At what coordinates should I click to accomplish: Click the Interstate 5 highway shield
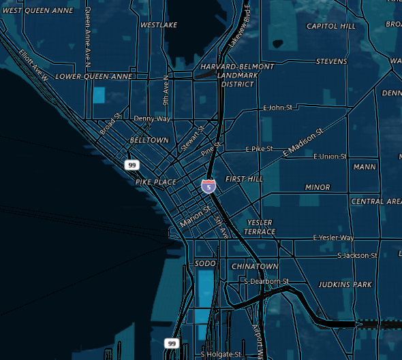click(x=208, y=185)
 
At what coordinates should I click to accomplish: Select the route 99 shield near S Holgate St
click(x=172, y=343)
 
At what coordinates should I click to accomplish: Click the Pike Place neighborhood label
click(x=156, y=182)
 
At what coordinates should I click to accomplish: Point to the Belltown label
click(x=149, y=140)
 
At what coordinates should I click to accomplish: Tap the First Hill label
click(x=244, y=179)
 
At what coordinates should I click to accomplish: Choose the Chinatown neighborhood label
click(x=255, y=266)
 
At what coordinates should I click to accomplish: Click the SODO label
click(x=205, y=263)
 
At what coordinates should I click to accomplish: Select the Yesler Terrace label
click(x=260, y=227)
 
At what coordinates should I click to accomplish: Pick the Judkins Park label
click(x=345, y=284)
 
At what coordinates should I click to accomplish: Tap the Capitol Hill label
click(x=331, y=27)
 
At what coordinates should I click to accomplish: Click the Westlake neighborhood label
click(x=159, y=25)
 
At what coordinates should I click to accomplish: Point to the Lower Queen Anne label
click(x=94, y=77)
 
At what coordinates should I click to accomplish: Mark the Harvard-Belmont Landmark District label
click(x=237, y=76)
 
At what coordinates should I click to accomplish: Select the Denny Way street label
click(x=152, y=118)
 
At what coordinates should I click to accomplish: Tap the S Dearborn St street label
click(x=266, y=281)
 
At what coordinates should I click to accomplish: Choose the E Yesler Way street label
click(x=333, y=238)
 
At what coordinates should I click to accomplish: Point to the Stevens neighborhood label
click(x=332, y=62)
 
